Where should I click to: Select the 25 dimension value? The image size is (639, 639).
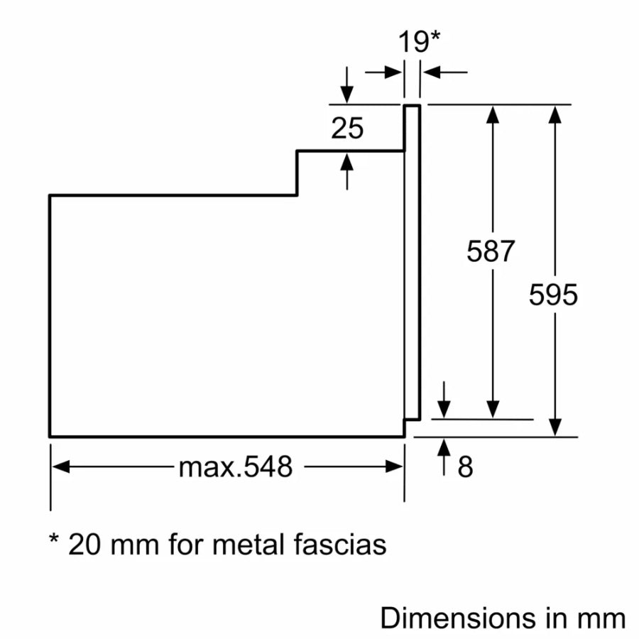pyautogui.click(x=347, y=128)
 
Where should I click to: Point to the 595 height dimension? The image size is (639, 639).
pyautogui.click(x=554, y=295)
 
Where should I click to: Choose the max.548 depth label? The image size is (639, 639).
pyautogui.click(x=235, y=466)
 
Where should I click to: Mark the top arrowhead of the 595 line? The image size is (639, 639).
pyautogui.click(x=556, y=114)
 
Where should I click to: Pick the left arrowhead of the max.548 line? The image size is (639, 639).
pyautogui.click(x=61, y=466)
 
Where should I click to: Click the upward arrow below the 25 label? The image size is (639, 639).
pyautogui.click(x=346, y=161)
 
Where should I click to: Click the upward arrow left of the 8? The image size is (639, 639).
pyautogui.click(x=444, y=447)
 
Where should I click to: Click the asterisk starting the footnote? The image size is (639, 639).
pyautogui.click(x=53, y=540)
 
